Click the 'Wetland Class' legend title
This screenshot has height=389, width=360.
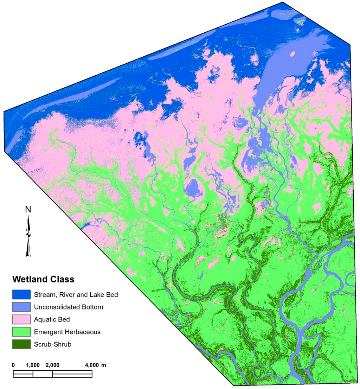tap(44, 280)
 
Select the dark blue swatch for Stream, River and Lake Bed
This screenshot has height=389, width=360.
tap(21, 294)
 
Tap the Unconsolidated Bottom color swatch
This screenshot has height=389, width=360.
tap(21, 307)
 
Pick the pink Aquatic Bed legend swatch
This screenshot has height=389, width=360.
tap(21, 319)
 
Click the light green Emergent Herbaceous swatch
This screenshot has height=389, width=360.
tap(21, 332)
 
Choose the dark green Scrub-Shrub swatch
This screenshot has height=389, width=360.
tap(21, 344)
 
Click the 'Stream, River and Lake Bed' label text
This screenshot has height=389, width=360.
tap(76, 294)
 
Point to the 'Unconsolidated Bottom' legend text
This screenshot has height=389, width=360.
tap(69, 307)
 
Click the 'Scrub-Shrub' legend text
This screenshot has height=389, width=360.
tap(53, 344)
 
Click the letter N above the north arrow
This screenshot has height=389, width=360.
tap(28, 210)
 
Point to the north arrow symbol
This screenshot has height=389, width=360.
tap(28, 236)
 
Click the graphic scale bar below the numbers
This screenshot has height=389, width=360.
tap(53, 374)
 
